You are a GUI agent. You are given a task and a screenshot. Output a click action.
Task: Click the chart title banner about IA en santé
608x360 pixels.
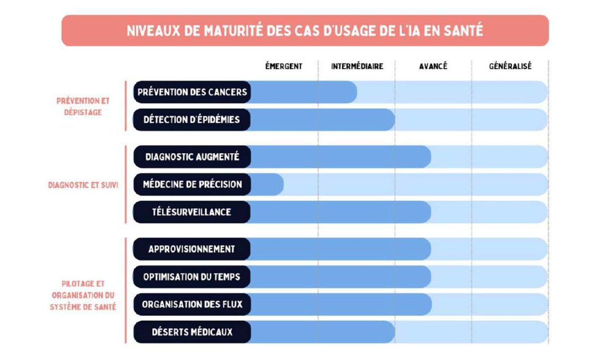point(305,30)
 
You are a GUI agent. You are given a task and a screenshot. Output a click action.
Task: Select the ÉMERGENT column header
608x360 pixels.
point(284,67)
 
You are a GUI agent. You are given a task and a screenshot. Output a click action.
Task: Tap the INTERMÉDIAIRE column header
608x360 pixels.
point(357,67)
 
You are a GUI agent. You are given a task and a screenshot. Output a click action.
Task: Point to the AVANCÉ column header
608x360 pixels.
point(433,67)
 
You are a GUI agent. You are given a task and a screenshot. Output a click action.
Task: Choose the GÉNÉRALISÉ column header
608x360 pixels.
point(510,67)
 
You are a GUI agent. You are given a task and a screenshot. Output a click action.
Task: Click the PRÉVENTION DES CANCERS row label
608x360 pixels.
point(192,92)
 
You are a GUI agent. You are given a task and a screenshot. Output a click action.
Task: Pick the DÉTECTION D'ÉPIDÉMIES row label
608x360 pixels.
point(192,120)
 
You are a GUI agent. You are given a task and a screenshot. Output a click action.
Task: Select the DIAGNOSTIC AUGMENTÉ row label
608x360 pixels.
point(192,157)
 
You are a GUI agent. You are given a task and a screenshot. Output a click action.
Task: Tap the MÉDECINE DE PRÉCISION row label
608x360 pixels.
point(192,185)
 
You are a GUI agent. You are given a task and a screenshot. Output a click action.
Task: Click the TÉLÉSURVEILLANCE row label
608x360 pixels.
point(192,212)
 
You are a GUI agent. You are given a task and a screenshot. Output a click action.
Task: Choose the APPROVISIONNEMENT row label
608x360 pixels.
point(192,249)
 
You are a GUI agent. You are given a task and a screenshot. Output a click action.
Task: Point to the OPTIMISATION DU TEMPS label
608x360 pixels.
point(192,276)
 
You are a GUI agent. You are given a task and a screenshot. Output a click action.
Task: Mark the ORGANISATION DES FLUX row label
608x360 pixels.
point(192,304)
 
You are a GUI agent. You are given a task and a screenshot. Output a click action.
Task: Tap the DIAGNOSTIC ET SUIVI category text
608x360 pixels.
point(83,185)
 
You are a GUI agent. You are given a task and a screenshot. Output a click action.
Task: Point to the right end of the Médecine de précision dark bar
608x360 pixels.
point(281,185)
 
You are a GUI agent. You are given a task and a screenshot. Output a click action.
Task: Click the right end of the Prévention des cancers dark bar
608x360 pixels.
point(354,92)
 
